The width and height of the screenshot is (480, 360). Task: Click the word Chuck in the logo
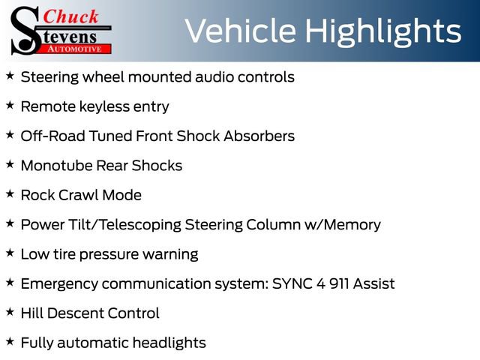(x=70, y=16)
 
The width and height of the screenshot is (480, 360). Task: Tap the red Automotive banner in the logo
(x=75, y=49)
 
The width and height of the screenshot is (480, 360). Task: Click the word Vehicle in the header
(x=241, y=31)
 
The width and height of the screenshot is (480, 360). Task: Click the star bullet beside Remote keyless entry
(x=10, y=105)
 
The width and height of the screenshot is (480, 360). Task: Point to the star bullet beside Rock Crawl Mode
(x=10, y=193)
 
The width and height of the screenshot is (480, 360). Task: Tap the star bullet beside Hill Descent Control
(x=10, y=312)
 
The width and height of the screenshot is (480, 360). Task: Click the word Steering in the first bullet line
(x=50, y=77)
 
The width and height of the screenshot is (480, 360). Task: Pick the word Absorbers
(x=259, y=136)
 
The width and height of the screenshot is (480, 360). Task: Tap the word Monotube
(x=56, y=166)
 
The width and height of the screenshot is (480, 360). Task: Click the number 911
(x=339, y=283)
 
